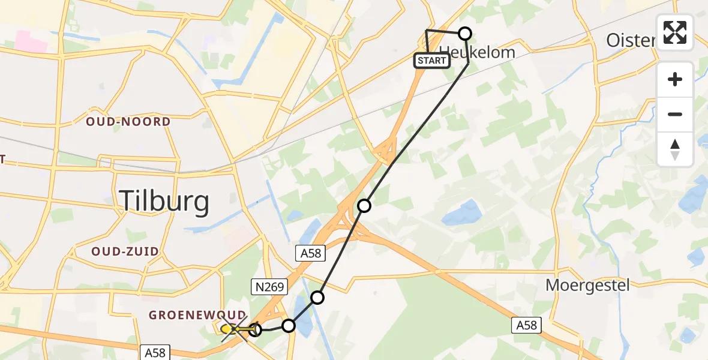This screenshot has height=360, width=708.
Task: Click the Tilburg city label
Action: (x=165, y=202)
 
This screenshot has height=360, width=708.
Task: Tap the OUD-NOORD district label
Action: (x=128, y=122)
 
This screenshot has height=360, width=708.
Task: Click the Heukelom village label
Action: (x=478, y=52)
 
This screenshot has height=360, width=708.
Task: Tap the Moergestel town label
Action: (x=587, y=285)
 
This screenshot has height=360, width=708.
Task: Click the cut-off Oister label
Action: (x=630, y=40)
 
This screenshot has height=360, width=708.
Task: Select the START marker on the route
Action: (x=431, y=61)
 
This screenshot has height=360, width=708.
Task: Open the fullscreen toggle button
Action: (x=675, y=32)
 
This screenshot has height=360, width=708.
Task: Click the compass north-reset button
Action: (x=675, y=149)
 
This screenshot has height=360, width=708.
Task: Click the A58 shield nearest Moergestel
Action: (x=527, y=326)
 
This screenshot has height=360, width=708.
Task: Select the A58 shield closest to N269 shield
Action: (x=311, y=254)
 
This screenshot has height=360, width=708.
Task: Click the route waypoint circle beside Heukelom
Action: (x=465, y=34)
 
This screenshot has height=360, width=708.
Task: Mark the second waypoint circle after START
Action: (x=364, y=206)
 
